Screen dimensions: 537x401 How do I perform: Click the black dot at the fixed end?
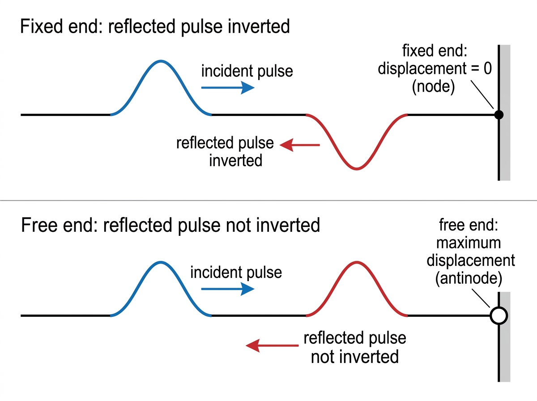point(499,115)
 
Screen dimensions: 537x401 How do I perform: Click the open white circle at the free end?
point(499,316)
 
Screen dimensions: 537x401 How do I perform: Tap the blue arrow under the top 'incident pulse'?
point(228,88)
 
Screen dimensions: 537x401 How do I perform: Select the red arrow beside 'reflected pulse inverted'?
point(300,145)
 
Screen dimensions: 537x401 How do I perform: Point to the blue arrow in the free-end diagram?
point(228,289)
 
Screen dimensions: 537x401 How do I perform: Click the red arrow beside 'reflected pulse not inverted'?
point(272,346)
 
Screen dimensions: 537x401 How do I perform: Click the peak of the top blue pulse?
point(161,61)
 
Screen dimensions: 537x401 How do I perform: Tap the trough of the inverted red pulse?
point(357,168)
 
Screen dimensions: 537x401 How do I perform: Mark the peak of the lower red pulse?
point(357,262)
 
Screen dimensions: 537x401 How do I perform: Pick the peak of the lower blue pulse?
point(161,262)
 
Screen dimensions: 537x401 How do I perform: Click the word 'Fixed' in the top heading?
point(41,26)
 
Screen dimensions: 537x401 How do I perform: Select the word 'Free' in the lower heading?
point(39,225)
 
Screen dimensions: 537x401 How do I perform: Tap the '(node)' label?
point(433,87)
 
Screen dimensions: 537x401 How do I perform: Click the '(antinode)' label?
point(469,278)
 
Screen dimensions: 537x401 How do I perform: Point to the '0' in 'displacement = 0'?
point(488,68)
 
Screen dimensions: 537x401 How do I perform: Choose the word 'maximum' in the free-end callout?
point(469,243)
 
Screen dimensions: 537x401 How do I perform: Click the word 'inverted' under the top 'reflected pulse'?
point(235,161)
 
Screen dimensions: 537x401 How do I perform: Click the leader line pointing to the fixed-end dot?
point(482,95)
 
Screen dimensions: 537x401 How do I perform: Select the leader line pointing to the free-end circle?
point(481,298)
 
